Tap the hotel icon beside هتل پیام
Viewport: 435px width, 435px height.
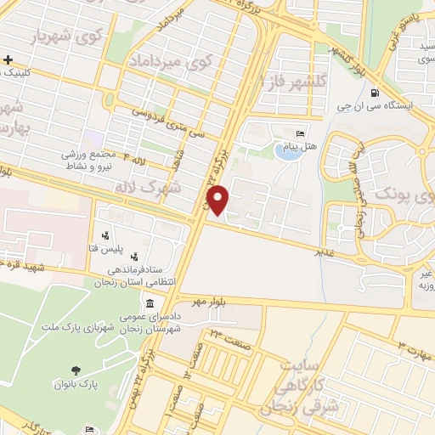(x=299, y=135)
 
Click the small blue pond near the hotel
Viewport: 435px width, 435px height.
(x=287, y=154)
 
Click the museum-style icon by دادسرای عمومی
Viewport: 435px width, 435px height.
(x=150, y=304)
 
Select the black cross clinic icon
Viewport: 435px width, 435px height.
(x=8, y=59)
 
